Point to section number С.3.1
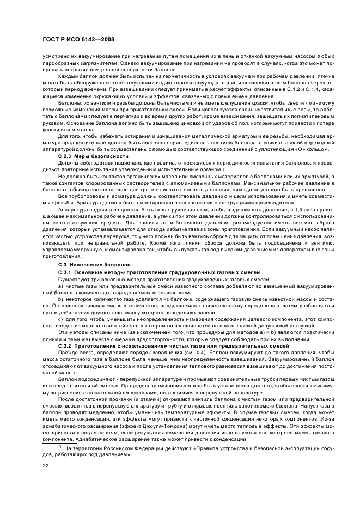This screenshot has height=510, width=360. (65, 271)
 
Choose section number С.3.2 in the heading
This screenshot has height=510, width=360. (65, 345)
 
